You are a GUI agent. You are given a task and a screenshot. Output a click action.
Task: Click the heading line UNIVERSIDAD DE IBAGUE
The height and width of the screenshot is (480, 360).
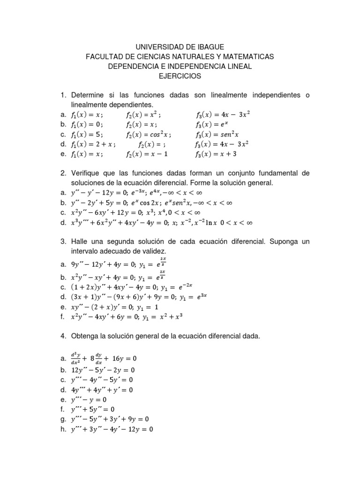180,47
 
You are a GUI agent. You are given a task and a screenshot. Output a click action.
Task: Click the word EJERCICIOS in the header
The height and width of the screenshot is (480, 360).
180,75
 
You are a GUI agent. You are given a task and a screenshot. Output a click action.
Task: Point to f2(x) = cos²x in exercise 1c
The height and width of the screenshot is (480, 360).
146,134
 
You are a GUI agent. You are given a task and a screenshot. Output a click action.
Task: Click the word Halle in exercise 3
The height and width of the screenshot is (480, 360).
81,241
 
